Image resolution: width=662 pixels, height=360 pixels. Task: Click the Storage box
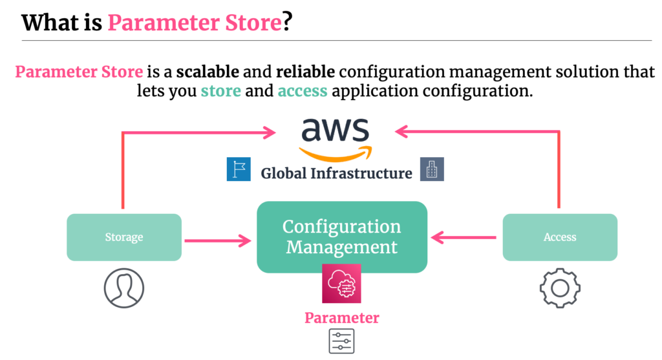click(124, 237)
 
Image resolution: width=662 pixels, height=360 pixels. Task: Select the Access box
click(560, 237)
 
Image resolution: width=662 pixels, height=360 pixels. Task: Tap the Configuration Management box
click(342, 237)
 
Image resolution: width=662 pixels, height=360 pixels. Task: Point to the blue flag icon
click(239, 169)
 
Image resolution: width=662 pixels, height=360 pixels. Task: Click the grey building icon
click(432, 169)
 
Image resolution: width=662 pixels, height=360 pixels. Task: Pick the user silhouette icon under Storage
click(124, 288)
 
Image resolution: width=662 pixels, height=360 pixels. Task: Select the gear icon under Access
click(560, 288)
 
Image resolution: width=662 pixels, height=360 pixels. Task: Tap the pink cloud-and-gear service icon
click(341, 284)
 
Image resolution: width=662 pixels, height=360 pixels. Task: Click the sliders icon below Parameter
click(341, 341)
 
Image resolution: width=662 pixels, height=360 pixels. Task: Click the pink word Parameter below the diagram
click(342, 318)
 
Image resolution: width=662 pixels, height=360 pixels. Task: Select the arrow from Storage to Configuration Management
click(218, 241)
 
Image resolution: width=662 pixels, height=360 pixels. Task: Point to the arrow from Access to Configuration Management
click(464, 238)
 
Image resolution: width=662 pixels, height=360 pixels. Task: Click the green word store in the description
click(221, 90)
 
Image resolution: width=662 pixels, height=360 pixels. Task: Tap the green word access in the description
click(303, 91)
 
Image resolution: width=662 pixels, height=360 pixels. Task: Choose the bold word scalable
click(208, 72)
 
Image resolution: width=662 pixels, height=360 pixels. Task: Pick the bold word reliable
click(306, 72)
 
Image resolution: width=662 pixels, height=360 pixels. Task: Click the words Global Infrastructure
click(336, 173)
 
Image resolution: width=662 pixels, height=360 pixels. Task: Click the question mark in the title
click(287, 22)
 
